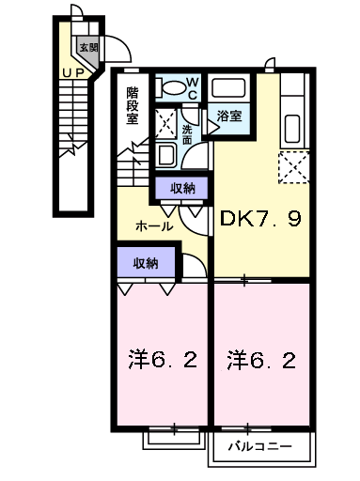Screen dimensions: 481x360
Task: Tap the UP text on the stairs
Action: coord(70,71)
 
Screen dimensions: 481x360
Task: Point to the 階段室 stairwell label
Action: coord(133,105)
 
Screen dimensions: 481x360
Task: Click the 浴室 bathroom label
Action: coord(229,116)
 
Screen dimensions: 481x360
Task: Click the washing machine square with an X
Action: coord(164,123)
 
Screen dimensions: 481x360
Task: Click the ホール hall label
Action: coord(154,226)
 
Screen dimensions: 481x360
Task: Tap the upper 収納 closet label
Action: coord(182,188)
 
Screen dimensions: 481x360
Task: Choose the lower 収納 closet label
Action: coord(145,262)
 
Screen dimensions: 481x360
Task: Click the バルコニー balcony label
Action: coord(258,445)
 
